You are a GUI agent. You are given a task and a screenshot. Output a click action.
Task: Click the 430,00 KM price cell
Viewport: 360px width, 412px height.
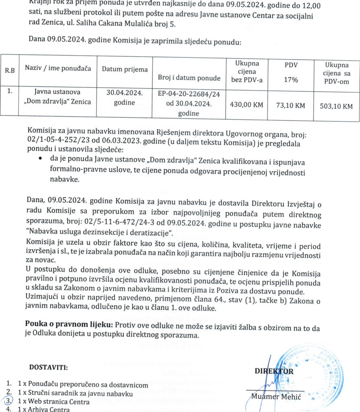pyautogui.click(x=246, y=105)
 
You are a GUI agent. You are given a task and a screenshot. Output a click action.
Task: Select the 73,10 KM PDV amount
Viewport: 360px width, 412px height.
pyautogui.click(x=290, y=106)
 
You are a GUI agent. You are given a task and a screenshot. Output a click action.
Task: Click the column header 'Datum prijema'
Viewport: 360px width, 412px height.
pyautogui.click(x=124, y=70)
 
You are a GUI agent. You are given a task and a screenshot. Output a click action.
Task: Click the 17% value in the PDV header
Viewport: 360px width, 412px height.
pyautogui.click(x=291, y=80)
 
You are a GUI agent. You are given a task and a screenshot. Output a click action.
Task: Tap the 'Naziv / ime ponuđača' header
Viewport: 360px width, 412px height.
pyautogui.click(x=58, y=68)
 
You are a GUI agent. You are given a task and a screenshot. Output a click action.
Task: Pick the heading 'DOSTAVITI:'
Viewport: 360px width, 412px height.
pyautogui.click(x=49, y=367)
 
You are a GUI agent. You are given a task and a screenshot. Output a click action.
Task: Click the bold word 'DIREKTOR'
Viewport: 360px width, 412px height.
pyautogui.click(x=274, y=371)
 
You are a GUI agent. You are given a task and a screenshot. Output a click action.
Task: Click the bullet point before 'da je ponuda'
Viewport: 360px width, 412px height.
pyautogui.click(x=40, y=159)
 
